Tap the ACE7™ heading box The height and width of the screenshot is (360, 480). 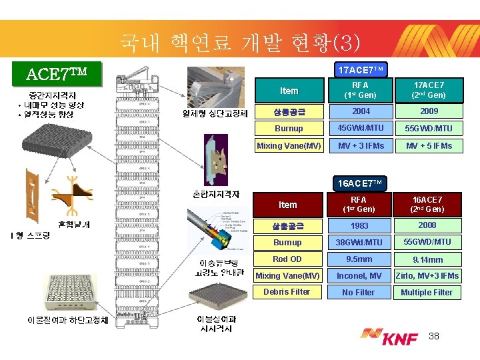[x=62, y=73]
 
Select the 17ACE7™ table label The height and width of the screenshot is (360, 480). [x=361, y=69]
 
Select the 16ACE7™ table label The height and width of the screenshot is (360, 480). [x=361, y=183]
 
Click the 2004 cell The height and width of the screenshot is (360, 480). [x=361, y=111]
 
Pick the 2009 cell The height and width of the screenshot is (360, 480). [x=429, y=111]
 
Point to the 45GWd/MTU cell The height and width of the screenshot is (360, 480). [x=361, y=128]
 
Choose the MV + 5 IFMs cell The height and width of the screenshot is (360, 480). [x=429, y=145]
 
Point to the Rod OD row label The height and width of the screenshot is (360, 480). [x=287, y=259]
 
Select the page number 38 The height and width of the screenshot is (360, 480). [x=435, y=335]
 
